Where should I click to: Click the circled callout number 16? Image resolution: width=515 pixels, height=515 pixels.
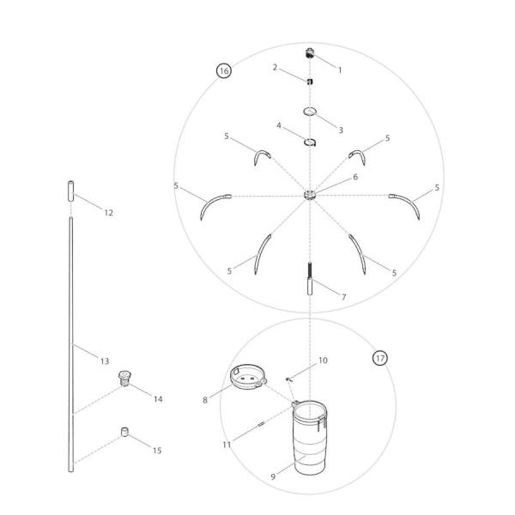click(x=224, y=72)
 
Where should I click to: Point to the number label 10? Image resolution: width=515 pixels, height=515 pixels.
click(x=323, y=361)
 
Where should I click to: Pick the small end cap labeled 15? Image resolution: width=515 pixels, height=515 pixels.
click(x=126, y=432)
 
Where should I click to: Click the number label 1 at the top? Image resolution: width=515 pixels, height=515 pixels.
click(x=340, y=70)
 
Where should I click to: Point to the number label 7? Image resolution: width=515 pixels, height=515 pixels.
click(x=343, y=297)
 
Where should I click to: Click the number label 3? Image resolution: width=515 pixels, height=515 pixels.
click(x=341, y=130)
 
